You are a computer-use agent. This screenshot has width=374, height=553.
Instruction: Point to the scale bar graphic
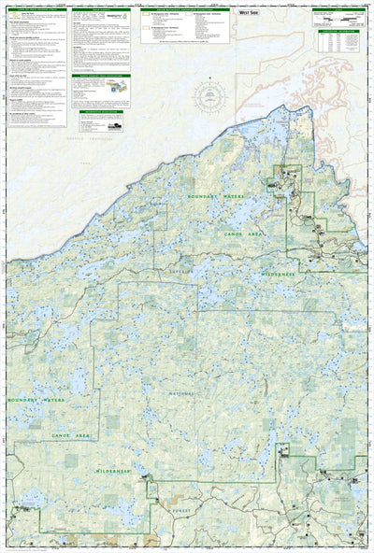336,20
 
